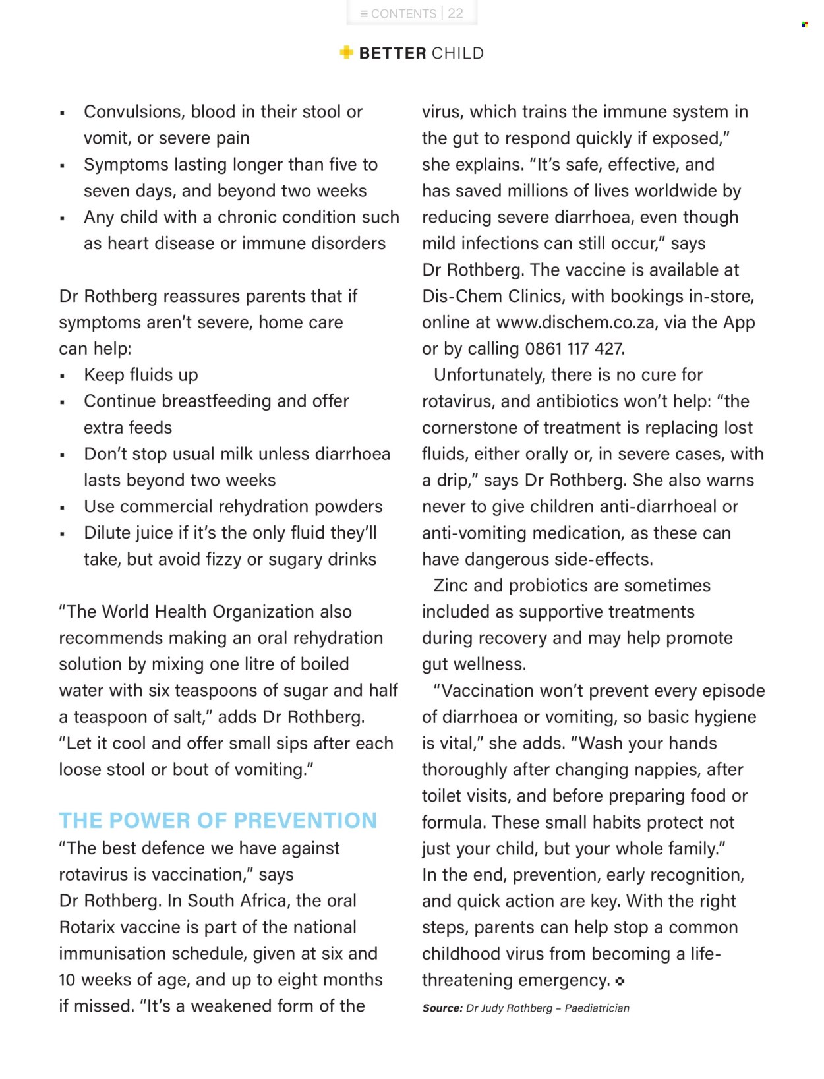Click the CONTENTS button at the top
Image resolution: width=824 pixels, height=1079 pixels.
pos(398,13)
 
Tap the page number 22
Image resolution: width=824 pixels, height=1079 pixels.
pos(456,13)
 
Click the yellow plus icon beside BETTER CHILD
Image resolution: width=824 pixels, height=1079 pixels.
pos(346,53)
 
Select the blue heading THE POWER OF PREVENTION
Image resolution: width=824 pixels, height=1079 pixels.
pos(218,821)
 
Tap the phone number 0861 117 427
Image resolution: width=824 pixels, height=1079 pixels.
pos(574,349)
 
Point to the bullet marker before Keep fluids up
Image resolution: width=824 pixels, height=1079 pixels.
pos(63,376)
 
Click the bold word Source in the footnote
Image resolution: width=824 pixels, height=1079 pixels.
pos(442,1008)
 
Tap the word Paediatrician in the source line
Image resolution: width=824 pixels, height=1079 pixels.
pos(597,1008)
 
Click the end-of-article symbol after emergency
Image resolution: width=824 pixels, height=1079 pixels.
pos(620,981)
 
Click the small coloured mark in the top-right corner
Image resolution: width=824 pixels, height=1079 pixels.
pos(805,24)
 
